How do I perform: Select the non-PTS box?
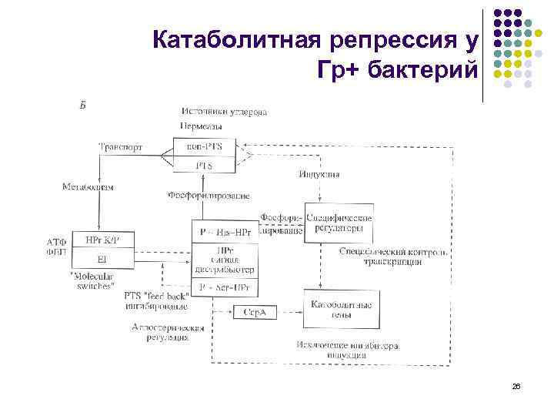click(x=204, y=146)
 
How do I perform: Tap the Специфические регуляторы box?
click(x=339, y=224)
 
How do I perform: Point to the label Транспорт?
click(x=120, y=146)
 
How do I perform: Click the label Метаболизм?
click(x=88, y=187)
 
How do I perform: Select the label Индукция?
click(x=319, y=175)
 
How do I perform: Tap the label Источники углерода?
click(x=224, y=112)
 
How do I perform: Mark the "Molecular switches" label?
click(x=93, y=280)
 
